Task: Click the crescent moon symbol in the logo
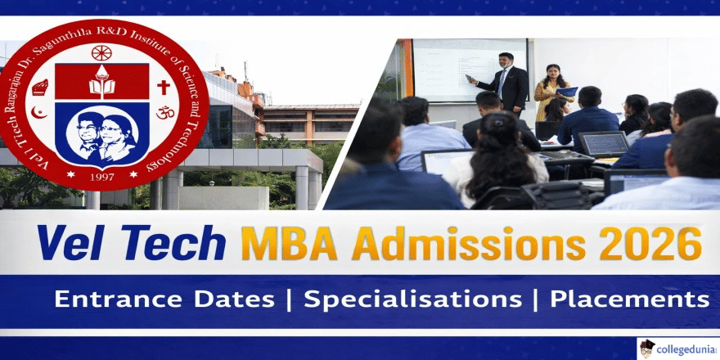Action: point(36,112)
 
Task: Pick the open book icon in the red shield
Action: point(101,82)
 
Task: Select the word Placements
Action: point(629,299)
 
